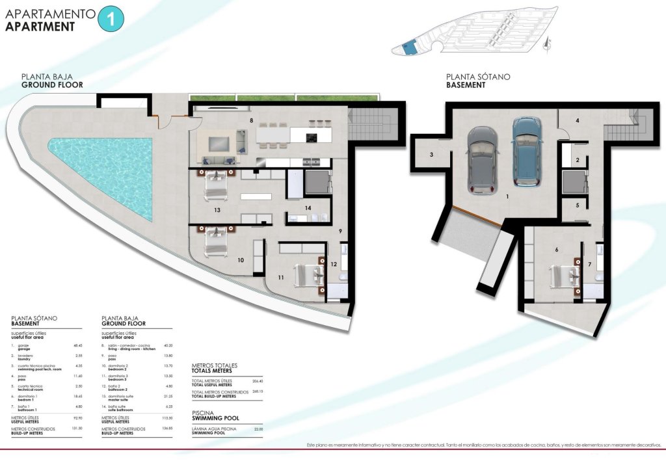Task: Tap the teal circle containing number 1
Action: click(x=110, y=18)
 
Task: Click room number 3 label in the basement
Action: click(x=431, y=155)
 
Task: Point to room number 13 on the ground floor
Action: click(x=217, y=210)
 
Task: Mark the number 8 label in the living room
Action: click(x=250, y=120)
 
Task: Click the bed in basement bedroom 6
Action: click(x=564, y=275)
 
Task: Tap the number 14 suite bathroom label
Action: click(x=308, y=208)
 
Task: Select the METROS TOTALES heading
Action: click(x=215, y=365)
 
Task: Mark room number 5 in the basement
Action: click(x=578, y=205)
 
